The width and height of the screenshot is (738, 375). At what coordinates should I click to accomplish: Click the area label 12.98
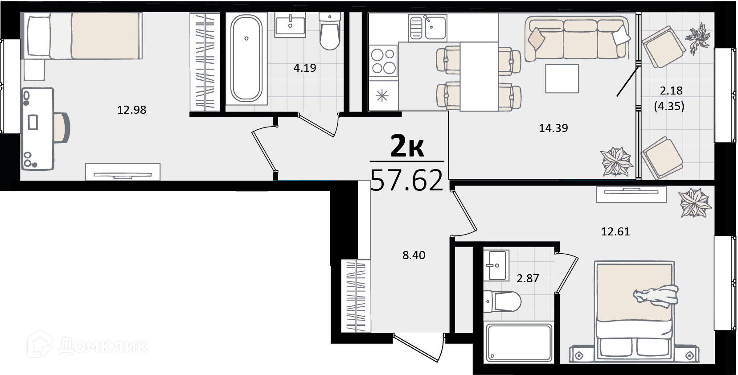[x=132, y=110]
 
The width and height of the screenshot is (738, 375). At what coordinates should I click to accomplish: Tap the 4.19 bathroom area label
[x=305, y=68]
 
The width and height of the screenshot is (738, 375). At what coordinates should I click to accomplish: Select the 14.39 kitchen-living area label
[x=553, y=128]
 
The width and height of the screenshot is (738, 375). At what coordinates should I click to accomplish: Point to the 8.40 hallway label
[x=414, y=255]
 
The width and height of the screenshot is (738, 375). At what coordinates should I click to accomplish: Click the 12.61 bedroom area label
[x=615, y=232]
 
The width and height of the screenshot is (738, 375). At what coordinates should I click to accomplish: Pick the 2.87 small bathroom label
[x=528, y=278]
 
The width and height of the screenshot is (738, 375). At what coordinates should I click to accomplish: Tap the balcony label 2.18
[x=671, y=90]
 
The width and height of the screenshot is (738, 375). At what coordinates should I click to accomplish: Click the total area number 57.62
[x=407, y=180]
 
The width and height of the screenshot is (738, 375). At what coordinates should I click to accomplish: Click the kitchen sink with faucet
[x=428, y=28]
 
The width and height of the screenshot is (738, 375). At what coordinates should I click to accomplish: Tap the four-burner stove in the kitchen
[x=383, y=61]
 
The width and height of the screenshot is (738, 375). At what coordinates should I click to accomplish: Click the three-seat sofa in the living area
[x=577, y=38]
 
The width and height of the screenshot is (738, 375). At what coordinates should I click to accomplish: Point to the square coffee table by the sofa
[x=562, y=78]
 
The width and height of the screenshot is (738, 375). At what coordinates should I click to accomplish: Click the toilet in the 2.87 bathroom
[x=502, y=301]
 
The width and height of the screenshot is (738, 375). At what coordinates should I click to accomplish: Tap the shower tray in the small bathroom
[x=519, y=343]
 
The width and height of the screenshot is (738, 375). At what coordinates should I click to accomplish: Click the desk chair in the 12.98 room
[x=62, y=128]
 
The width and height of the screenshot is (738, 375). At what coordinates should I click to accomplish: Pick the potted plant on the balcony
[x=698, y=38]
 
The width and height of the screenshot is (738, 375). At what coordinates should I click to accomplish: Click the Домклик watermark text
[x=103, y=346]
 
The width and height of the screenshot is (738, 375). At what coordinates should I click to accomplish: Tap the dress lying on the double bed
[x=656, y=296]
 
